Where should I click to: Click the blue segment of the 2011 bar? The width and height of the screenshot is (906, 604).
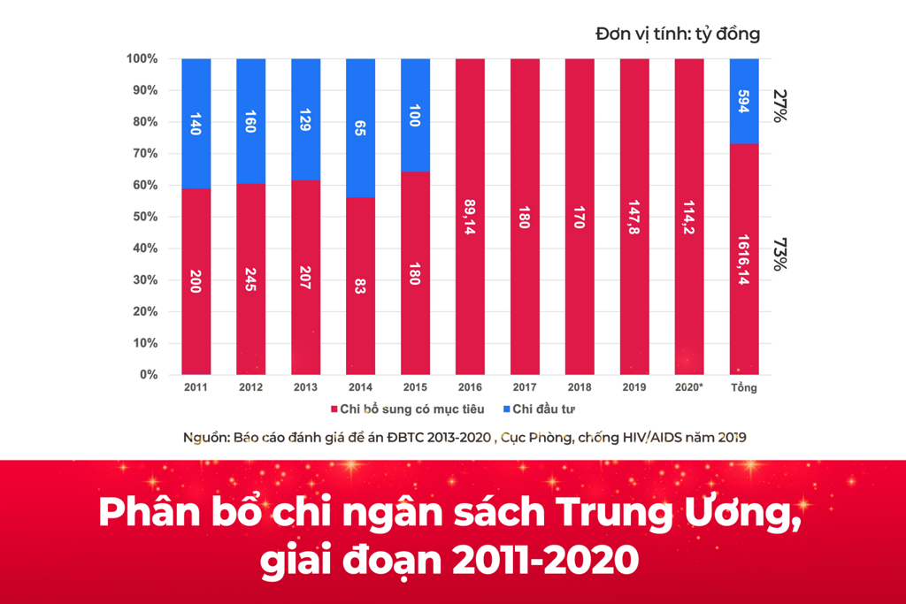196,123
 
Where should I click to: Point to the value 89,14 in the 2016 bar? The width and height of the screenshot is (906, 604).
470,217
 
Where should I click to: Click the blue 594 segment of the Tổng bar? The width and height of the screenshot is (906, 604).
744,101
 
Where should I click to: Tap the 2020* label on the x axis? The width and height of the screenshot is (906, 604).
688,387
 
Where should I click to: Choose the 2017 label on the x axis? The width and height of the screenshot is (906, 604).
525,387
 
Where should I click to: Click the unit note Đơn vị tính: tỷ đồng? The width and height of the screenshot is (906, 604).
677,34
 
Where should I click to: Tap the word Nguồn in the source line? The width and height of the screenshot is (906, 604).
204,437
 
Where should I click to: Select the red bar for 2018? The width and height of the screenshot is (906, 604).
580,217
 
